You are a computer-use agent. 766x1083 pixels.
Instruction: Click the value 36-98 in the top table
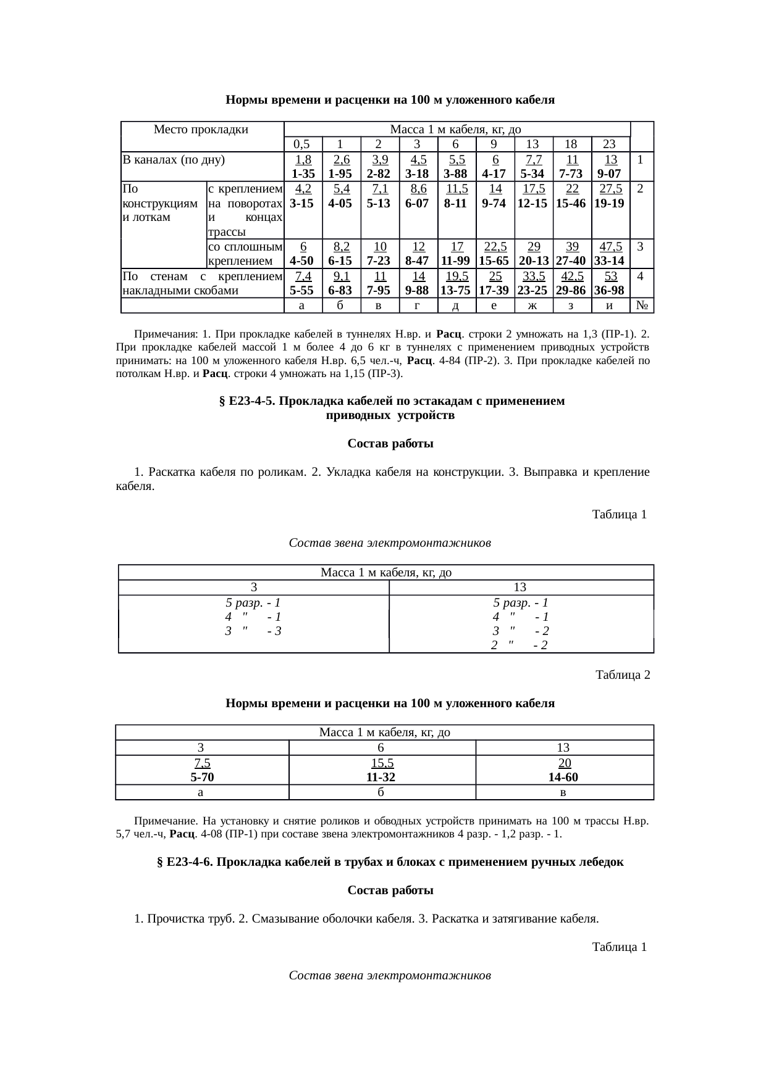pos(610,290)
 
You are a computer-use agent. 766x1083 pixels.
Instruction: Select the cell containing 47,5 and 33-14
pos(610,254)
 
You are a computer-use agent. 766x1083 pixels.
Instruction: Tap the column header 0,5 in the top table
pos(301,144)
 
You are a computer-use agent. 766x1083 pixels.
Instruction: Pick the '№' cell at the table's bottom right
pos(641,305)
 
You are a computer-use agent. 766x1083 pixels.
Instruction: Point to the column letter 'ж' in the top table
pos(532,305)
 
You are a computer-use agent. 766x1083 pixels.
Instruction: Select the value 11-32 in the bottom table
pos(382,777)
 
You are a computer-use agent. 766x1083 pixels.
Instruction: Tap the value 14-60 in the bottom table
pos(564,777)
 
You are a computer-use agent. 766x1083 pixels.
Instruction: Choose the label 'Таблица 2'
pos(622,675)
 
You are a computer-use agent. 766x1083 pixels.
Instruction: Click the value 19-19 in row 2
pos(610,203)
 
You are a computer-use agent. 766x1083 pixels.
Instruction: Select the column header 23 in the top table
pos(609,144)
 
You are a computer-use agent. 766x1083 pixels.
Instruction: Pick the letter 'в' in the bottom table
pos(563,792)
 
